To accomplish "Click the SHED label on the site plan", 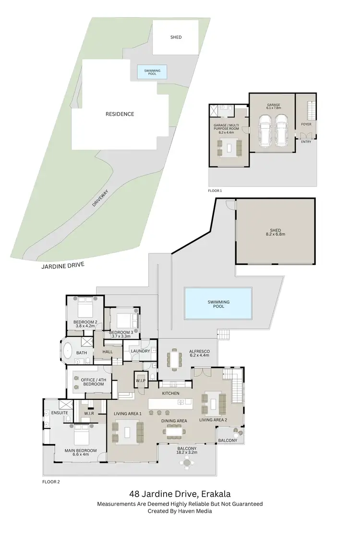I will pyautogui.click(x=176, y=37).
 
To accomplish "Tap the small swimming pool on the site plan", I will pyautogui.click(x=152, y=72).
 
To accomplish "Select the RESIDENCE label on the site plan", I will pyautogui.click(x=120, y=114).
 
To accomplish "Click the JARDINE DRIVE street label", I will pyautogui.click(x=62, y=265).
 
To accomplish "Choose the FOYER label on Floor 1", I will pyautogui.click(x=306, y=124).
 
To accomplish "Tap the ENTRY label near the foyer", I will pyautogui.click(x=306, y=142).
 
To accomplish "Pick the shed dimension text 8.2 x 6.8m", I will pyautogui.click(x=276, y=234).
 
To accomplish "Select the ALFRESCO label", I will pyautogui.click(x=199, y=351).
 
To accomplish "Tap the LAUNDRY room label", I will pyautogui.click(x=140, y=351).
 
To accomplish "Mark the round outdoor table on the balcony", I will pyautogui.click(x=186, y=463).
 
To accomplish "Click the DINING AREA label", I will pyautogui.click(x=174, y=421).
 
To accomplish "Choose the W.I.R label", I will pyautogui.click(x=88, y=413).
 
